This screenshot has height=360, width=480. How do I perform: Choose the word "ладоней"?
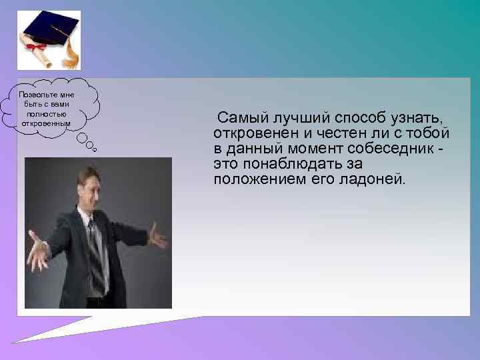(373, 179)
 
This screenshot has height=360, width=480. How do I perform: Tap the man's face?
(90, 187)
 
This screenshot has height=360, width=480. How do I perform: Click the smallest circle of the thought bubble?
(95, 150)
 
